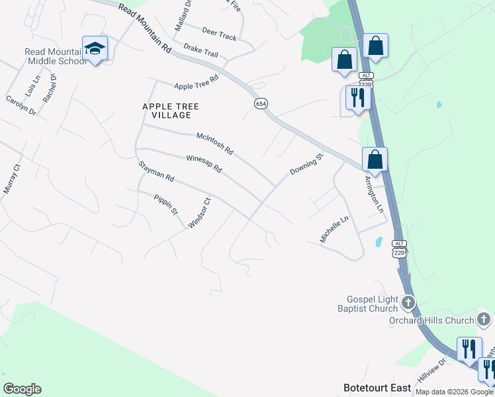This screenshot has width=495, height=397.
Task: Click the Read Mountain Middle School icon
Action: tap(95, 48)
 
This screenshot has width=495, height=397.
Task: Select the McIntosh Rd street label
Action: tap(215, 143)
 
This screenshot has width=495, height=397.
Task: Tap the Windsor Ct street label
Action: tap(199, 213)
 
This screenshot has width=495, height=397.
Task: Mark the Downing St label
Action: tap(306, 165)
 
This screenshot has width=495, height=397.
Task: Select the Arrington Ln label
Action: tap(374, 193)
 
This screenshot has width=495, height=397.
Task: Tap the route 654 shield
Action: tap(261, 104)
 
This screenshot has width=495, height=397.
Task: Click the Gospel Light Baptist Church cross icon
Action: tap(408, 303)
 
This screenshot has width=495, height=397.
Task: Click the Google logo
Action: tap(22, 389)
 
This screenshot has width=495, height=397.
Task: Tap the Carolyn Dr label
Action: tap(21, 105)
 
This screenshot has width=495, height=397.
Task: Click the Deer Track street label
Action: tap(219, 34)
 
